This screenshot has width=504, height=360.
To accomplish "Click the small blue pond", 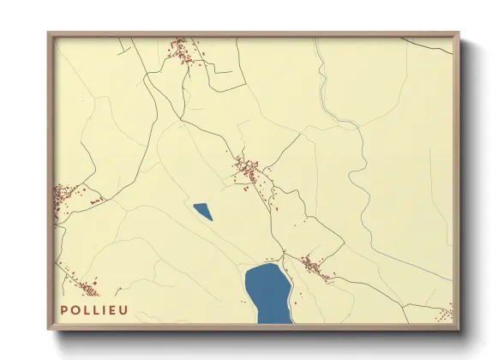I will [202, 211].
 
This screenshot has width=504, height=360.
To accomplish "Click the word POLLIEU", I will [93, 309].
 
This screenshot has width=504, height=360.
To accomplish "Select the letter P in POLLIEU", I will [64, 309].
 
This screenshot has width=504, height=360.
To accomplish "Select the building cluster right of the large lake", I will [315, 267].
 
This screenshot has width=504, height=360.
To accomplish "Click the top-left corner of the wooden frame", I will [49, 34].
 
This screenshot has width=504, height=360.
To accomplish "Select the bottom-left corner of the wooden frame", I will [49, 329].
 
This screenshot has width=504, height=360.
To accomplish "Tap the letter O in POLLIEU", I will [75, 309].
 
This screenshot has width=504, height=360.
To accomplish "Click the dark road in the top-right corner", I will [429, 41].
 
